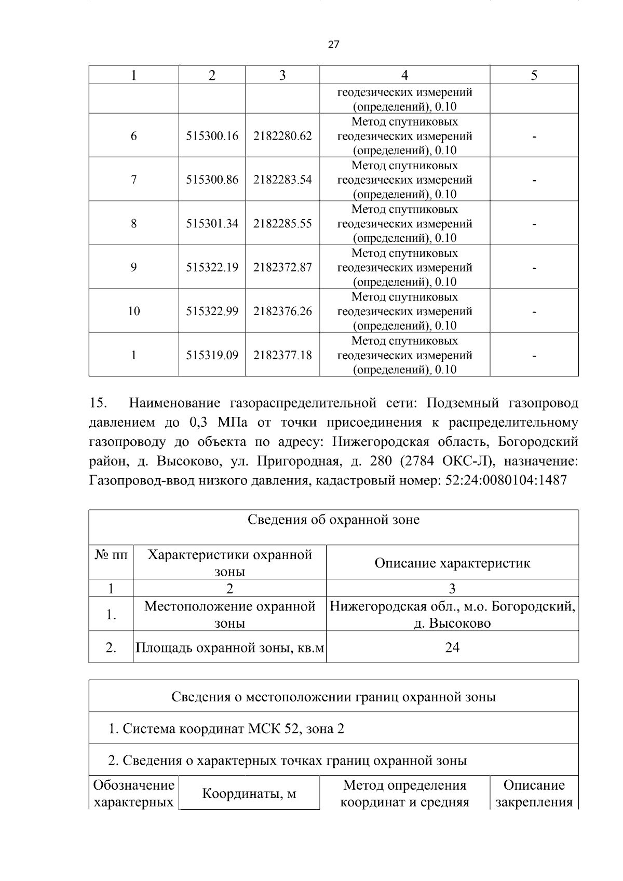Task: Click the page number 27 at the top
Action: pyautogui.click(x=334, y=45)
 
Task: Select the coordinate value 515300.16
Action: pyautogui.click(x=212, y=136)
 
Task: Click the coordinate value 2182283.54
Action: pyautogui.click(x=282, y=180)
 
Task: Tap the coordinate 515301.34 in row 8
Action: pyautogui.click(x=212, y=224)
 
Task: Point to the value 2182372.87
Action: pyautogui.click(x=282, y=267)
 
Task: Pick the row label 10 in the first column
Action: pyautogui.click(x=133, y=311)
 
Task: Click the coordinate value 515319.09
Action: pyautogui.click(x=212, y=355)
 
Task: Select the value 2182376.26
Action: pyautogui.click(x=282, y=311)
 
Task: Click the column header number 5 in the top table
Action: pyautogui.click(x=534, y=75)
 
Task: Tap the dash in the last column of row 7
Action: pyautogui.click(x=534, y=181)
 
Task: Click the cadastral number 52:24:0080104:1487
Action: pyautogui.click(x=506, y=480)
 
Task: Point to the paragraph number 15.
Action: pyautogui.click(x=98, y=403)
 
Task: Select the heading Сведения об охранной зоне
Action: pyautogui.click(x=333, y=520)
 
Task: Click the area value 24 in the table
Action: pyautogui.click(x=452, y=647)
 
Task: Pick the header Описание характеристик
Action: pyautogui.click(x=452, y=563)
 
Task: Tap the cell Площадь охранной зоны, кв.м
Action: pyautogui.click(x=229, y=648)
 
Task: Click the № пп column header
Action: pyautogui.click(x=111, y=555)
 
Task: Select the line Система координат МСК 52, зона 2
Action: pyautogui.click(x=226, y=729)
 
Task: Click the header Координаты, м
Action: pyautogui.click(x=249, y=794)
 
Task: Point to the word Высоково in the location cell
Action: pyautogui.click(x=459, y=623)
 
